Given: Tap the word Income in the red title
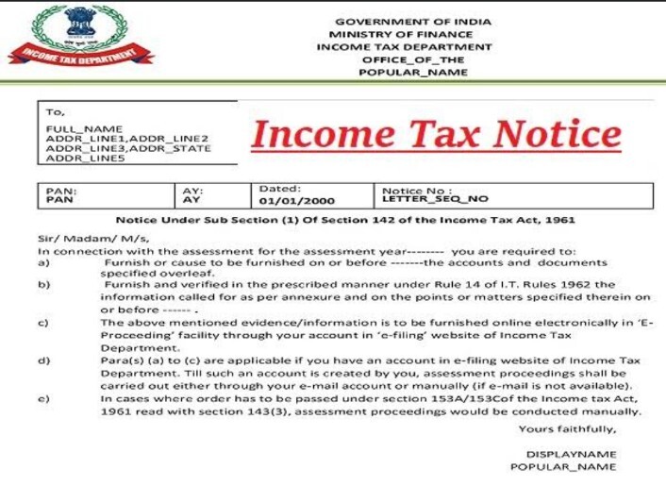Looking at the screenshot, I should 312,133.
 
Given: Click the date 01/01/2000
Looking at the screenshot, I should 287,201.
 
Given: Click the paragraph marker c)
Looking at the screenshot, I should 43,323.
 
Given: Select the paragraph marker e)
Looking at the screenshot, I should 43,398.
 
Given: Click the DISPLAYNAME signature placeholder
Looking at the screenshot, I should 571,455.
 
